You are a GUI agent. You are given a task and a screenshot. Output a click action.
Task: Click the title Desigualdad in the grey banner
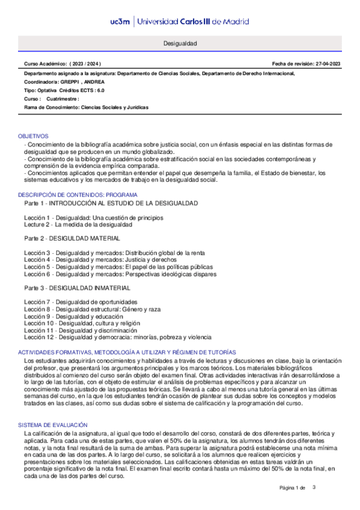[180, 45]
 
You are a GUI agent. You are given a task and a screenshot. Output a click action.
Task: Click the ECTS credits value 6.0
[100, 90]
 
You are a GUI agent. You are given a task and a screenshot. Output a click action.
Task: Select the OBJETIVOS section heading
[33, 137]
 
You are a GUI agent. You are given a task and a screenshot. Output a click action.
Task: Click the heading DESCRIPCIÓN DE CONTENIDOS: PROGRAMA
[78, 195]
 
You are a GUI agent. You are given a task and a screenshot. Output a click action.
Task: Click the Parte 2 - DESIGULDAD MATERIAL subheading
[69, 239]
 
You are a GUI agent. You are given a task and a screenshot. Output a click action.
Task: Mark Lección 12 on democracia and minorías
[117, 338]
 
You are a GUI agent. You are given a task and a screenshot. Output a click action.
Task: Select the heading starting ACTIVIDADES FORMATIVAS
[127, 351]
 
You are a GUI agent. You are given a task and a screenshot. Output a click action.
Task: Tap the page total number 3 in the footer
[314, 487]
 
